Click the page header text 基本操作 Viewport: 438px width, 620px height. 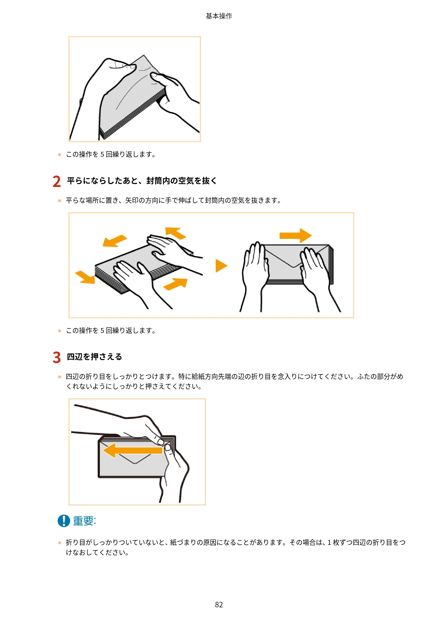tap(219, 16)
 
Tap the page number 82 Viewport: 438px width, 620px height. tap(219, 605)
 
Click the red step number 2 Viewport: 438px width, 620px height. tap(57, 181)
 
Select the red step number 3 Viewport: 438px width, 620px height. tap(57, 357)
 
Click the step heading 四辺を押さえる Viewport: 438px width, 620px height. tap(94, 357)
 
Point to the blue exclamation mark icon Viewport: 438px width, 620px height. tap(64, 521)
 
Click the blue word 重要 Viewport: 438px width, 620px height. tap(84, 521)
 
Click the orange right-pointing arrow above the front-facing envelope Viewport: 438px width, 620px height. tap(295, 235)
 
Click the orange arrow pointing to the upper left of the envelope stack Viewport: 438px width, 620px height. tap(175, 233)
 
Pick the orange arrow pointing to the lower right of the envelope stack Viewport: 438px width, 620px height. tap(85, 277)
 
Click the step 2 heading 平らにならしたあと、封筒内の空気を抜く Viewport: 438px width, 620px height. tap(142, 181)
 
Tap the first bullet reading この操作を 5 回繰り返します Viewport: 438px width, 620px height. tap(111, 155)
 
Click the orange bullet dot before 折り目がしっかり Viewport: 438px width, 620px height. tap(60, 543)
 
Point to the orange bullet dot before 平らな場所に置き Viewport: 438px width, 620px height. tap(60, 201)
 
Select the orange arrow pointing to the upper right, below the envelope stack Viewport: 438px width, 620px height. tap(175, 284)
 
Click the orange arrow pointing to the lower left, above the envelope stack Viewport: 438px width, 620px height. tap(115, 241)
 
